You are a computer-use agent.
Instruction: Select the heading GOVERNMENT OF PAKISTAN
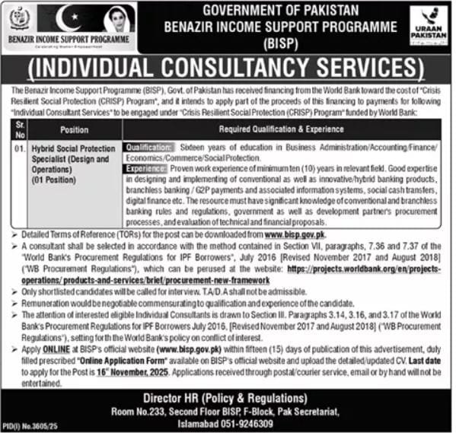pos(279,11)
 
